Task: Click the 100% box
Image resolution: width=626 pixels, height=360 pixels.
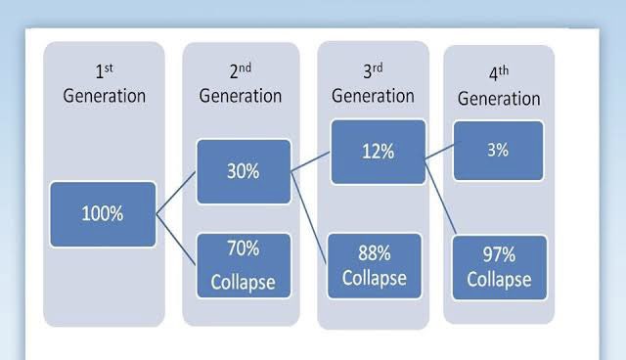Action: pyautogui.click(x=103, y=213)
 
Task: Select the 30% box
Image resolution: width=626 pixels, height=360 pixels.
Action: pyautogui.click(x=244, y=171)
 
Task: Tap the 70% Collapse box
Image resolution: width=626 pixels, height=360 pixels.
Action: pyautogui.click(x=244, y=265)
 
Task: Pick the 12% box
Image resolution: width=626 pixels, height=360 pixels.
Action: pyautogui.click(x=378, y=151)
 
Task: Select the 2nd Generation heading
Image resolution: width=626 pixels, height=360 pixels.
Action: pyautogui.click(x=241, y=85)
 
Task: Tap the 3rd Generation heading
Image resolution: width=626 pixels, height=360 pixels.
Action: pyautogui.click(x=373, y=85)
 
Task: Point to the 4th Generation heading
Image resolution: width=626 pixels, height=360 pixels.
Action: pyautogui.click(x=499, y=88)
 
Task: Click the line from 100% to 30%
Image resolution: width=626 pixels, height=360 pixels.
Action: pyautogui.click(x=176, y=192)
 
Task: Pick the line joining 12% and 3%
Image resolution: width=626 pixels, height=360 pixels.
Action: pyautogui.click(x=439, y=150)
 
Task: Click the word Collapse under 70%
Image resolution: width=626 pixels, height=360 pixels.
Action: pyautogui.click(x=244, y=284)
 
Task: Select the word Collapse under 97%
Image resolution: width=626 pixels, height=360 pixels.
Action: pyautogui.click(x=499, y=279)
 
